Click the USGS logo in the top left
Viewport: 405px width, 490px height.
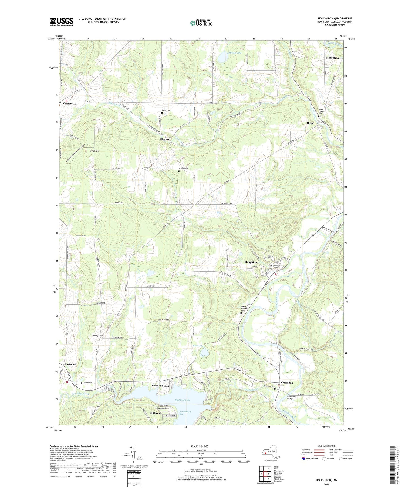pos(62,22)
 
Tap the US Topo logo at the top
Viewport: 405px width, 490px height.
pos(201,23)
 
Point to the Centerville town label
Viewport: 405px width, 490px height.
pos(70,104)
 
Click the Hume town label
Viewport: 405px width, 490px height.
pos(310,123)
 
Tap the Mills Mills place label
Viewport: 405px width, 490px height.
pos(332,58)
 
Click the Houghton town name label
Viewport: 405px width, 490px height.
pos(251,262)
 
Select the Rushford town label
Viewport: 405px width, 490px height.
pos(70,364)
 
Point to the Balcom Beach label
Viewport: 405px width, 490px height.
pos(160,386)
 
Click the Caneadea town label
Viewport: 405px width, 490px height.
pos(287,383)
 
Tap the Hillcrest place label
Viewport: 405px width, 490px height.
pos(156,413)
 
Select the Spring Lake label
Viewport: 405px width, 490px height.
pos(235,53)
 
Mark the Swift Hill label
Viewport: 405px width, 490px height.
pos(94,151)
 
